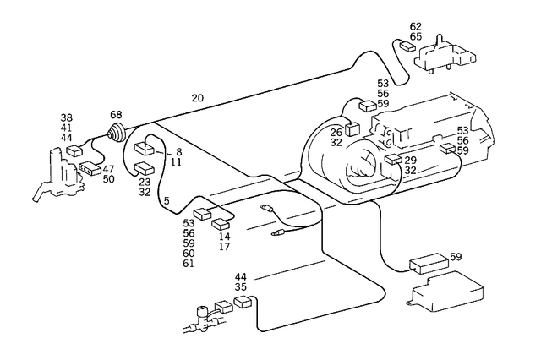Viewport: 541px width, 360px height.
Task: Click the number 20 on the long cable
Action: click(x=197, y=98)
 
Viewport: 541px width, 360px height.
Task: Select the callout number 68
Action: click(x=116, y=115)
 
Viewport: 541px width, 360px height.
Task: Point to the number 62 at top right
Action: click(x=416, y=27)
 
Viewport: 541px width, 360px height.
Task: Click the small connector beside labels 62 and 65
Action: click(x=410, y=47)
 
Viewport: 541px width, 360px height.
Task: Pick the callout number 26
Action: click(x=336, y=132)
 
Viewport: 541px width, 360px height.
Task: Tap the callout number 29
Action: click(x=410, y=160)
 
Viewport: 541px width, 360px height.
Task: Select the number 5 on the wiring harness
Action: click(x=167, y=200)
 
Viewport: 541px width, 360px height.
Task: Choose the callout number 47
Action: click(x=108, y=169)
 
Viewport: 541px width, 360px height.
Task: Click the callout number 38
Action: click(x=66, y=117)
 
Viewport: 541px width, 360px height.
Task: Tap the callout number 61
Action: click(x=188, y=264)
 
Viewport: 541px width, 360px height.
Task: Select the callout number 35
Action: click(x=241, y=287)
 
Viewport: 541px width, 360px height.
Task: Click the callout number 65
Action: click(x=416, y=38)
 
